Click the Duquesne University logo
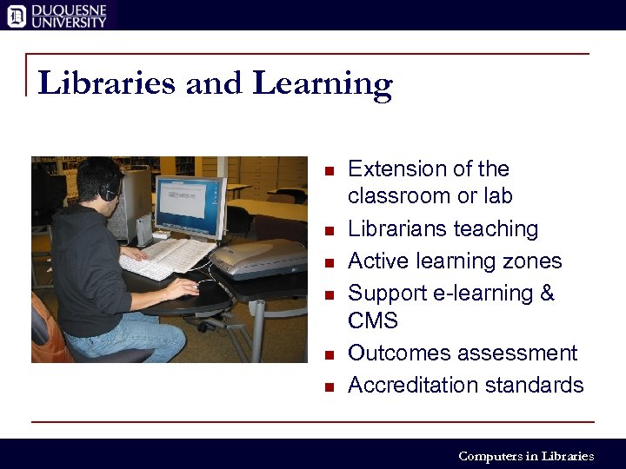[x=57, y=15]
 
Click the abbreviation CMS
[x=373, y=321]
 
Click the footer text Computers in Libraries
[x=526, y=456]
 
